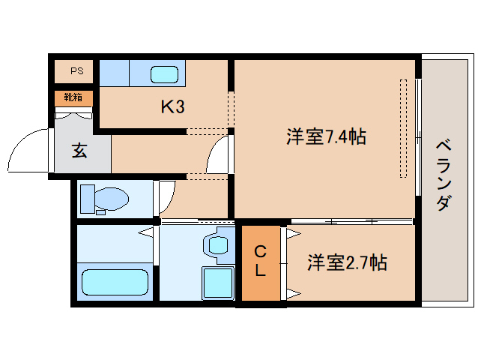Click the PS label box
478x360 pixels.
pyautogui.click(x=76, y=71)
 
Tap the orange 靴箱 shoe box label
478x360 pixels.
pyautogui.click(x=73, y=97)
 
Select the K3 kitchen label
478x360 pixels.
pyautogui.click(x=172, y=106)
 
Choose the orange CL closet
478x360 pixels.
pyautogui.click(x=260, y=262)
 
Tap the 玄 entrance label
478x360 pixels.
pyautogui.click(x=79, y=150)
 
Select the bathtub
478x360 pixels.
pyautogui.click(x=115, y=283)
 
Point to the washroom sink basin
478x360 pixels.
pyautogui.click(x=218, y=244)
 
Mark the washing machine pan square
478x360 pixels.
pyautogui.click(x=218, y=283)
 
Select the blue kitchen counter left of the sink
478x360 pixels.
pyautogui.click(x=115, y=73)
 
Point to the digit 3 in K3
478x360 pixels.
pyautogui.click(x=180, y=106)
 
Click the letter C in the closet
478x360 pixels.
pyautogui.click(x=260, y=251)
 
